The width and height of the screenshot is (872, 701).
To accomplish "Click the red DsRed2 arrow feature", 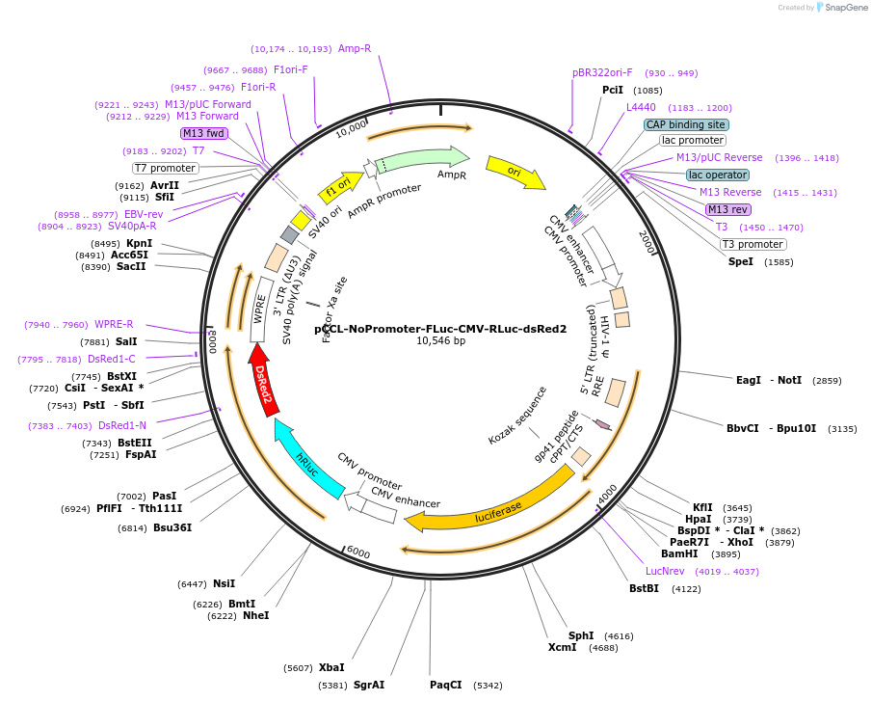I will coord(264,386).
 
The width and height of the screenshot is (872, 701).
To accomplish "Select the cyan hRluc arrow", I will coord(306,461).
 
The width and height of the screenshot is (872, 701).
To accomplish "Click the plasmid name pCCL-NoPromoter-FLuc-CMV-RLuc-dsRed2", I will coord(440,328).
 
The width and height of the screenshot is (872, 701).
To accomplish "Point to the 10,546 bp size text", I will coord(440,341).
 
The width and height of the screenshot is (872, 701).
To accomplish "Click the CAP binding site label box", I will coord(686,124).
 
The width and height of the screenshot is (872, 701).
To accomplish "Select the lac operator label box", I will coord(717,175).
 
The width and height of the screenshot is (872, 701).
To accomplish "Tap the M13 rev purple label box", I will coord(727,209).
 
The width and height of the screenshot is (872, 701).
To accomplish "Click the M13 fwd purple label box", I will coord(203,133).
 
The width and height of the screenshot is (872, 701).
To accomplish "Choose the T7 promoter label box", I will coord(165,168).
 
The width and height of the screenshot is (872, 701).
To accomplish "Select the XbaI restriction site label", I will coord(330,667).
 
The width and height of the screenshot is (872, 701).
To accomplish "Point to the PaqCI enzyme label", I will coord(445,685).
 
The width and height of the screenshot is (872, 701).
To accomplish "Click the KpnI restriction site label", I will coord(139,243).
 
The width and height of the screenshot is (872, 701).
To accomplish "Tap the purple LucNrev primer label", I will coord(637,571).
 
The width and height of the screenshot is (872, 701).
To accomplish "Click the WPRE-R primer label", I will coord(114,324).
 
